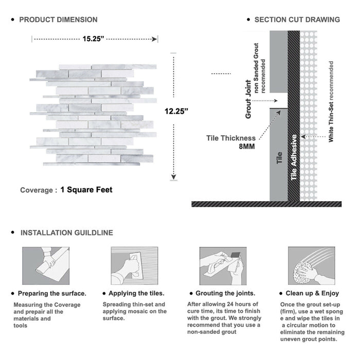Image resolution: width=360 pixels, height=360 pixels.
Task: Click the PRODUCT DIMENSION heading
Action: (58, 20)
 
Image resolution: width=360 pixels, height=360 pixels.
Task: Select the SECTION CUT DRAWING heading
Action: (297, 20)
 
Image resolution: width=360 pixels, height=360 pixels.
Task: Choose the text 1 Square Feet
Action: (86, 190)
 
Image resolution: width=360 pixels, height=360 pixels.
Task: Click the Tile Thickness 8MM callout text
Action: (231, 142)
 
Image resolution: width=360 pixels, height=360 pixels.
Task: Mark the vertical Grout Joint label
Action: (248, 99)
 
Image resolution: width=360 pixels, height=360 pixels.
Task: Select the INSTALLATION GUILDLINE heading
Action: (66, 232)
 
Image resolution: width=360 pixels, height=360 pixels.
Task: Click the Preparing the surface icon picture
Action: (45, 266)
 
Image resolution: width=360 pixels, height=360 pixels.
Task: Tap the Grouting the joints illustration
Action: (222, 266)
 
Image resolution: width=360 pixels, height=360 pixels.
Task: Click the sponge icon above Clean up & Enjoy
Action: (311, 266)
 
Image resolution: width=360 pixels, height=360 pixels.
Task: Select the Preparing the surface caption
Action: (52, 294)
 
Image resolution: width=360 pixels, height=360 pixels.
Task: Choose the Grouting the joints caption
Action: (225, 294)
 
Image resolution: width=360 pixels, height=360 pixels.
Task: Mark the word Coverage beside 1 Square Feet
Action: (37, 190)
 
